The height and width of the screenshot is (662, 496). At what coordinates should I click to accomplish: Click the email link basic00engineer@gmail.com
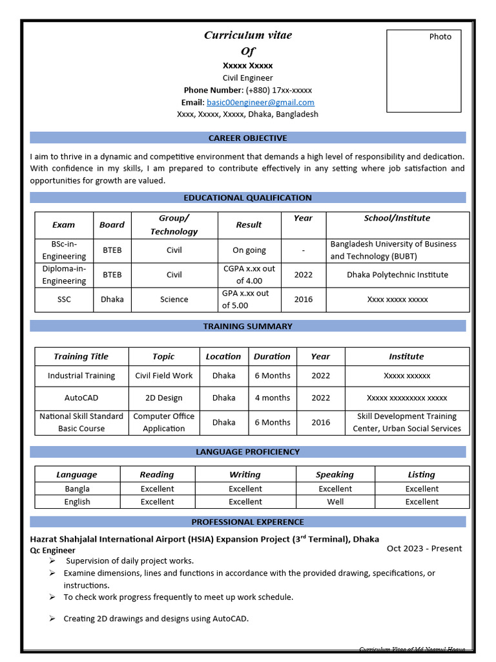tap(260, 102)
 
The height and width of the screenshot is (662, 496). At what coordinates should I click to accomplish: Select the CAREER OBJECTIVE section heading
tap(247, 138)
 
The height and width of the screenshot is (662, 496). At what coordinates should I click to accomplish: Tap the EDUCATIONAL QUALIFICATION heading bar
tap(247, 198)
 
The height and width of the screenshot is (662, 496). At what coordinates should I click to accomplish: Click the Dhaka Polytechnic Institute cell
tap(397, 275)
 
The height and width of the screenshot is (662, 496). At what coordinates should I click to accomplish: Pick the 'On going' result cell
tap(249, 250)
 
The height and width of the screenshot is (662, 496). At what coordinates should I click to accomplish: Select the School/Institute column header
tap(397, 219)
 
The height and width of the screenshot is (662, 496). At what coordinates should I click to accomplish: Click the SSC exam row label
tap(64, 299)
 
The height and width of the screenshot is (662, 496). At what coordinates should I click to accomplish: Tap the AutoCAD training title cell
tap(81, 398)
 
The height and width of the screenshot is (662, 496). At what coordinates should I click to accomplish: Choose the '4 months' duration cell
tap(272, 398)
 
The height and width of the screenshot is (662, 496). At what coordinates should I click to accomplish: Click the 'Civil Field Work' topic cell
tap(163, 376)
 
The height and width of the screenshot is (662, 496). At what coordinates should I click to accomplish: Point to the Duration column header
tap(272, 356)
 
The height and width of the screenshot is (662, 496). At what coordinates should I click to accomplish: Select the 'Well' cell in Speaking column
tap(335, 502)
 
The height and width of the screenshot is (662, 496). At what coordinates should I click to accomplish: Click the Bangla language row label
tap(77, 489)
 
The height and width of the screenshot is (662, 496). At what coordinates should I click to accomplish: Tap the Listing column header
tap(422, 475)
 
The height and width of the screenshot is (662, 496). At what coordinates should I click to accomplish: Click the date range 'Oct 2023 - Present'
tap(424, 548)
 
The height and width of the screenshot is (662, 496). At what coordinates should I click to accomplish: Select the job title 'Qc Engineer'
tap(53, 550)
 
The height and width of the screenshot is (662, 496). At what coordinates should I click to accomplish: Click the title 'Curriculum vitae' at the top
tap(248, 36)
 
